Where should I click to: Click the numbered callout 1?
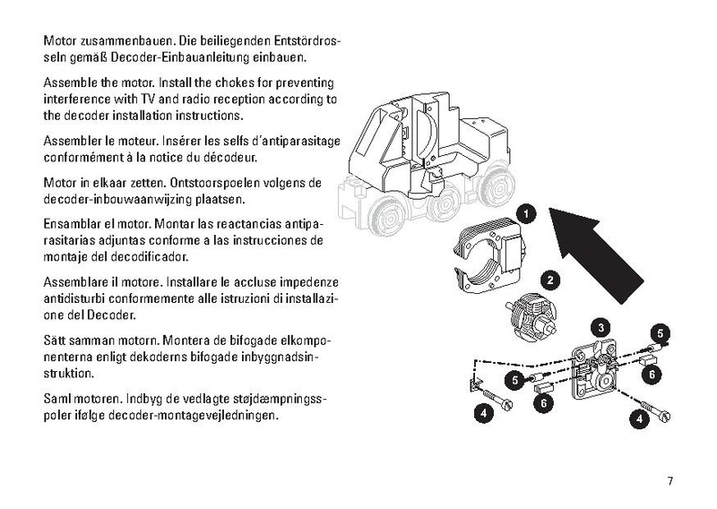coord(526,214)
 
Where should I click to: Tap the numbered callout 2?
coord(550,280)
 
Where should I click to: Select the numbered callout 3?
coord(600,327)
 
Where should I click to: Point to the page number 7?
coord(669,481)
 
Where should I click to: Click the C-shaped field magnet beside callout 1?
coord(490,257)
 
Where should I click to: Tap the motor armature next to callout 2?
coord(532,316)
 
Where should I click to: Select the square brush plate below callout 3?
coord(595,372)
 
